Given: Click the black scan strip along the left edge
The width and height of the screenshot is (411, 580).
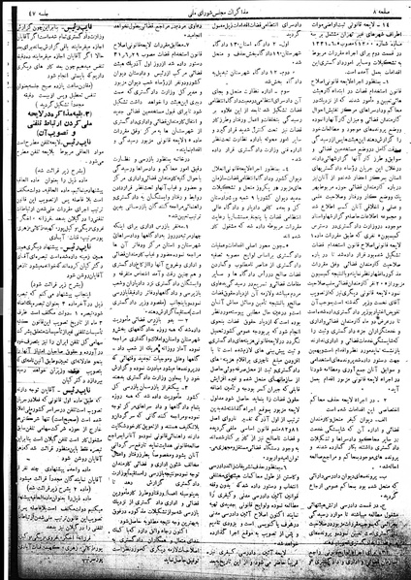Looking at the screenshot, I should pyautogui.click(x=2, y=291).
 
